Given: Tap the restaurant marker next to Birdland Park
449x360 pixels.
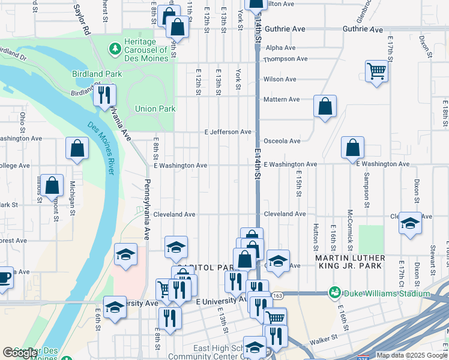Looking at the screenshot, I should click(104, 95).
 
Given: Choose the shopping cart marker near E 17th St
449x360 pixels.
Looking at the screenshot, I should click(376, 71).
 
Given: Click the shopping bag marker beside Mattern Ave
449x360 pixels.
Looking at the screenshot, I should click(325, 107).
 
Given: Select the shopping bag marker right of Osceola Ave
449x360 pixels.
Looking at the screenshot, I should click(353, 148).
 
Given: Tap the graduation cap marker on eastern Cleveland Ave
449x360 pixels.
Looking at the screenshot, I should click(411, 223).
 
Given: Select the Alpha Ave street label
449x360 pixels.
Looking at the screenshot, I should click(280, 47).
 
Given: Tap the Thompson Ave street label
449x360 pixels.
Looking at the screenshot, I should click(285, 59).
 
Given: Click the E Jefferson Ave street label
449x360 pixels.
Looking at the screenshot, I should click(228, 131).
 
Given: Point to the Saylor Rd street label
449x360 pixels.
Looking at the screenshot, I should click(82, 20).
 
